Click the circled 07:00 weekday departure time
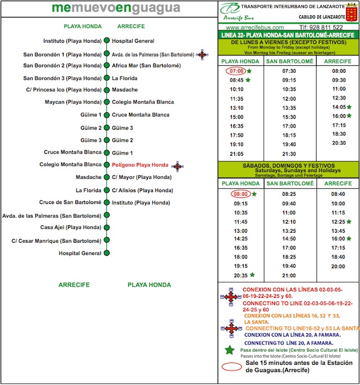[236, 71]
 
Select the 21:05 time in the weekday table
[237, 153]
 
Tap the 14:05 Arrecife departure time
[338, 107]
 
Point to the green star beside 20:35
[252, 275]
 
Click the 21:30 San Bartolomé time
[289, 153]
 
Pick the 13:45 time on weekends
[338, 231]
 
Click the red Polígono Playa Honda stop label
[140, 165]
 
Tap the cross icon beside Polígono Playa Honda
[177, 166]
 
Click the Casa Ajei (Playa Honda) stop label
[71, 228]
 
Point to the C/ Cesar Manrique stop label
[56, 241]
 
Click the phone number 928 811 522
[322, 27]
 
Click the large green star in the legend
[229, 350]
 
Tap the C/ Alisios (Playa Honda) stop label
[142, 191]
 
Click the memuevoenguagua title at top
[116, 8]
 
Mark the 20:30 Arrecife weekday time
[339, 143]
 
